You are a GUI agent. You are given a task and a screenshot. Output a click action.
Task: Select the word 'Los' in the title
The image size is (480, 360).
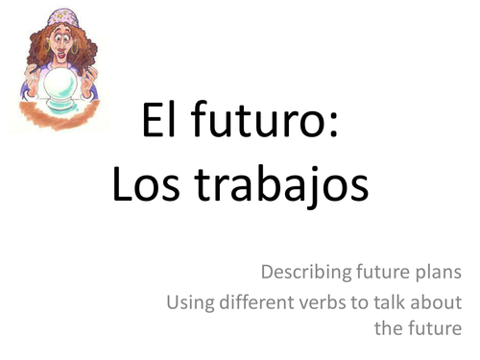(x=143, y=183)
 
